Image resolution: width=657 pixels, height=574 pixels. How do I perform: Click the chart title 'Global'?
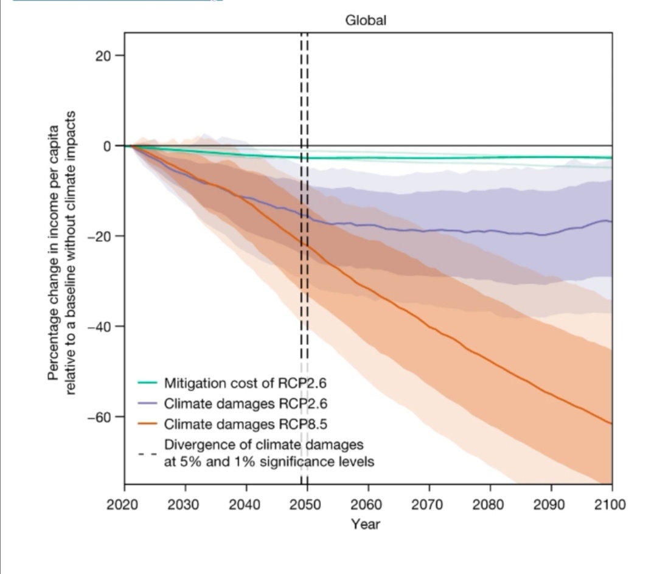coord(366,20)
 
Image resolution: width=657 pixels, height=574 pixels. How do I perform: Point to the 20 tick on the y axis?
coord(102,55)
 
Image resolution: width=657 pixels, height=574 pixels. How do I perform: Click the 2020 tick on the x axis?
coord(124,505)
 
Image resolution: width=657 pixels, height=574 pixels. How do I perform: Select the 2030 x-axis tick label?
coord(185,505)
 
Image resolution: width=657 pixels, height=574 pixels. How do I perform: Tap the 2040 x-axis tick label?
coord(246,505)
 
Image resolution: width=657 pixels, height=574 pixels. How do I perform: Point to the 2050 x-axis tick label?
coord(307,505)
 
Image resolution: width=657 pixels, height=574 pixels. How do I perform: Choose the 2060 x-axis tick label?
coord(368,505)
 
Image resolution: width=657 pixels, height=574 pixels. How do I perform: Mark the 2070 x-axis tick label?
coord(429,505)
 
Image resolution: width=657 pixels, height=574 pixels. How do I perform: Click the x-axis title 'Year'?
coord(366,524)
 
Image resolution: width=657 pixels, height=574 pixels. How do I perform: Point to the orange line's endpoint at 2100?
coord(611,423)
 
